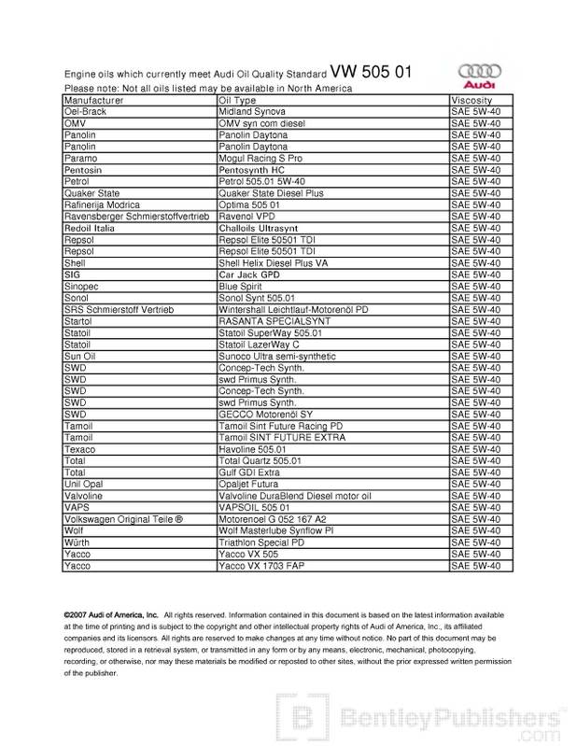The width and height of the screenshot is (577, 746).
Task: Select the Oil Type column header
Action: click(x=237, y=100)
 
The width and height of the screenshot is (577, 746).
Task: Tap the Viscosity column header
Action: click(x=471, y=100)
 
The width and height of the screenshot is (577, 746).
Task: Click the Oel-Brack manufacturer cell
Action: click(x=85, y=112)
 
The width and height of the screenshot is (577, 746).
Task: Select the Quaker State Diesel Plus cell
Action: click(x=271, y=193)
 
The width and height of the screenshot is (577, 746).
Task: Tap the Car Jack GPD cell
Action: click(x=249, y=275)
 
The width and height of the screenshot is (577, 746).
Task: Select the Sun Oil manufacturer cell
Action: click(x=82, y=357)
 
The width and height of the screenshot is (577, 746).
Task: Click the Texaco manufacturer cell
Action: click(x=81, y=449)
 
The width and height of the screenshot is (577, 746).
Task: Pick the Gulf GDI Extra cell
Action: click(x=250, y=472)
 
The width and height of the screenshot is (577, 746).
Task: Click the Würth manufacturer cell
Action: click(x=78, y=542)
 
